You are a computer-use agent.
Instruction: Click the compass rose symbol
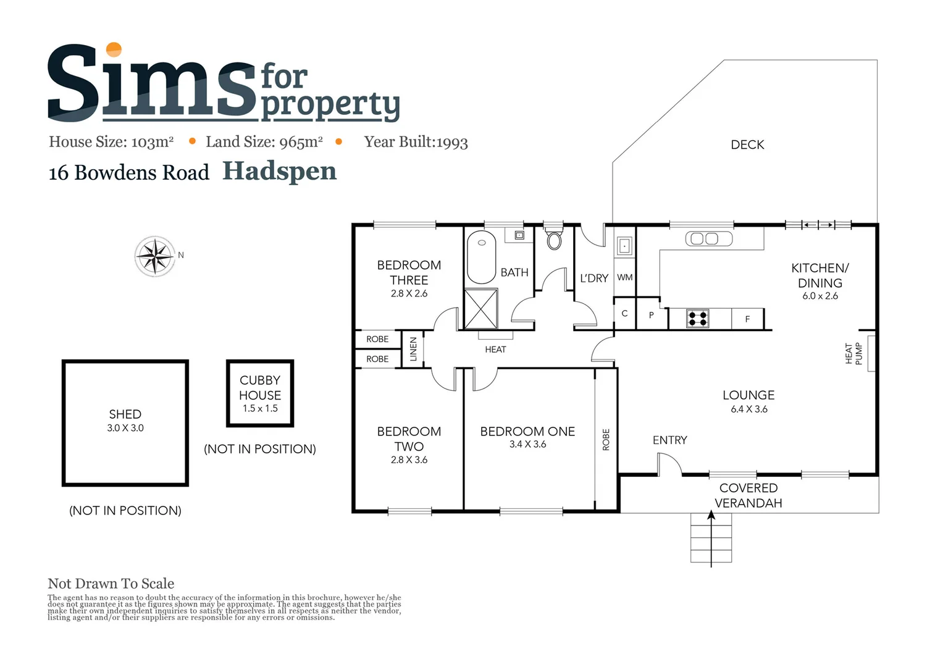click(x=154, y=256)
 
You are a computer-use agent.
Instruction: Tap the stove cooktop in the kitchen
click(x=698, y=319)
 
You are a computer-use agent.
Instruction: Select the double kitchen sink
click(x=709, y=239)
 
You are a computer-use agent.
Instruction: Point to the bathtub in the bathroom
click(x=481, y=257)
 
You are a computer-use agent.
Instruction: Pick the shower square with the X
click(x=480, y=309)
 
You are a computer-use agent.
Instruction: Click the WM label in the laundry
click(x=624, y=277)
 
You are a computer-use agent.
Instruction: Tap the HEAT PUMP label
click(x=853, y=354)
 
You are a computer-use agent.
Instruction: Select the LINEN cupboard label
click(x=413, y=350)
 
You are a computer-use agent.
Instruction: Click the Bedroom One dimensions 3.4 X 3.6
click(x=527, y=445)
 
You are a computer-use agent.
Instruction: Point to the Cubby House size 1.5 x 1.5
click(x=260, y=409)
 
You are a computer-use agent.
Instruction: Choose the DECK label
click(x=747, y=145)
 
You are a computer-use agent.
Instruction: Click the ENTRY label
click(x=669, y=440)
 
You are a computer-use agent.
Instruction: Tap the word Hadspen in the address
click(x=279, y=171)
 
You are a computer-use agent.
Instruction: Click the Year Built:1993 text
click(x=416, y=142)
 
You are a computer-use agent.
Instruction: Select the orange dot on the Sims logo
click(x=114, y=49)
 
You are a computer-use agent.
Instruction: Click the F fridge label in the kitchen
click(x=747, y=319)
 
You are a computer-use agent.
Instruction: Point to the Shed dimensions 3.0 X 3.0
click(x=125, y=428)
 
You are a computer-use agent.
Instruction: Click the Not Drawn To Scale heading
click(x=111, y=584)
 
